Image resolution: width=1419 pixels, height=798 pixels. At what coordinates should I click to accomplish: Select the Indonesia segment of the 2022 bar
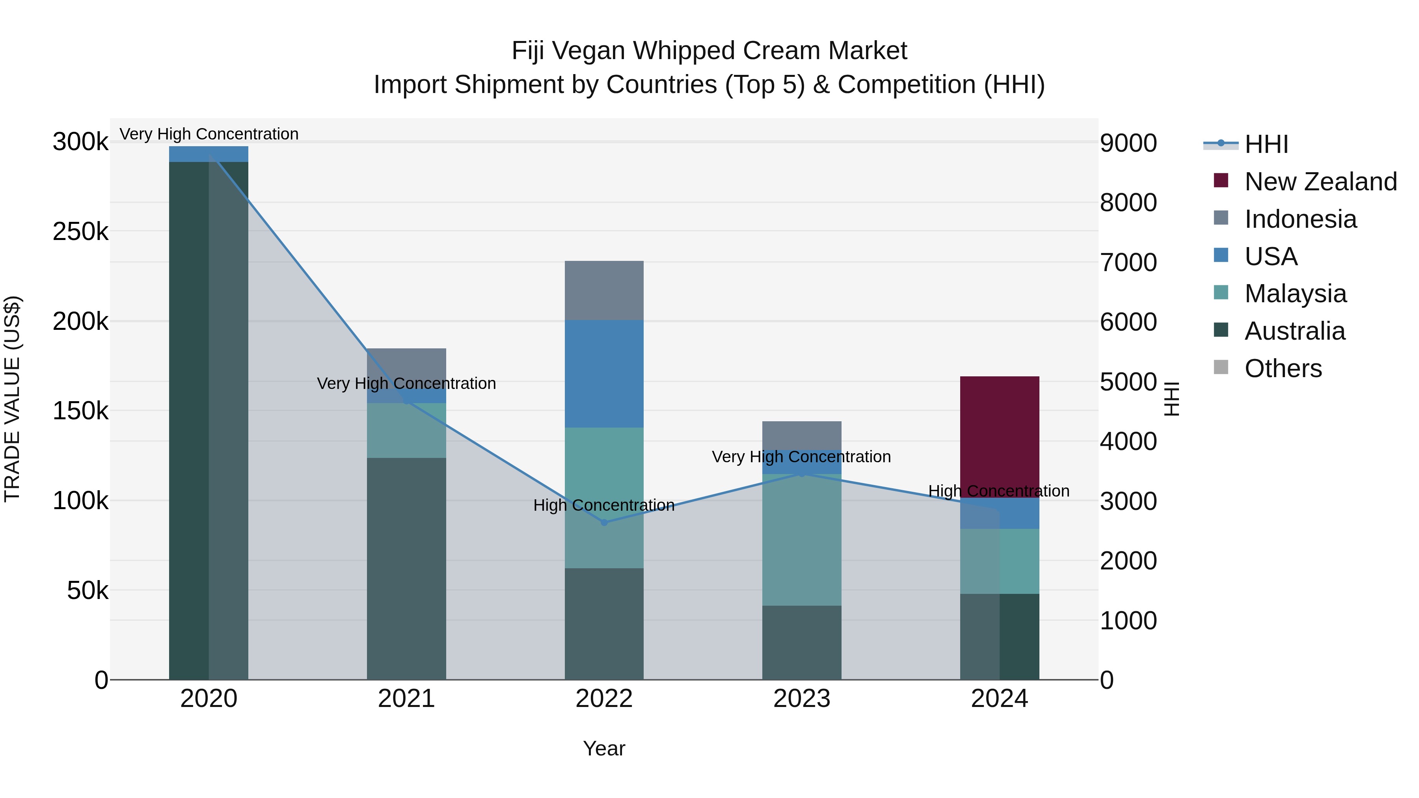tap(604, 290)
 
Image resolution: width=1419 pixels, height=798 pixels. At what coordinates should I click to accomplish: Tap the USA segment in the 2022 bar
tap(604, 374)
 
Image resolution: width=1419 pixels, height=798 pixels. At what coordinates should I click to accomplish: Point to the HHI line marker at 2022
tap(604, 523)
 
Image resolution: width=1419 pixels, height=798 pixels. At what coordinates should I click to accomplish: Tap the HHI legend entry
tap(1265, 144)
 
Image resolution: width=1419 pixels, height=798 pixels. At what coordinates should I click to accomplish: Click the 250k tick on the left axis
tap(80, 232)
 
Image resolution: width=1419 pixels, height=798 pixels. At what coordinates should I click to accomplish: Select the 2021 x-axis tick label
tap(406, 699)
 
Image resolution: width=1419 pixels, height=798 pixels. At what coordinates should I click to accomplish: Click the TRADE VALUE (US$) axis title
tap(13, 399)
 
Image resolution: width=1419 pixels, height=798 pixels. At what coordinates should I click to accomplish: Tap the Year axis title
tap(604, 748)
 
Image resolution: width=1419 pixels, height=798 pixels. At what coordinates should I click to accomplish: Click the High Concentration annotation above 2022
tap(604, 505)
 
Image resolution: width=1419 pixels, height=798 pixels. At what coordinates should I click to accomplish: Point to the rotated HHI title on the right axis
tap(1172, 399)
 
